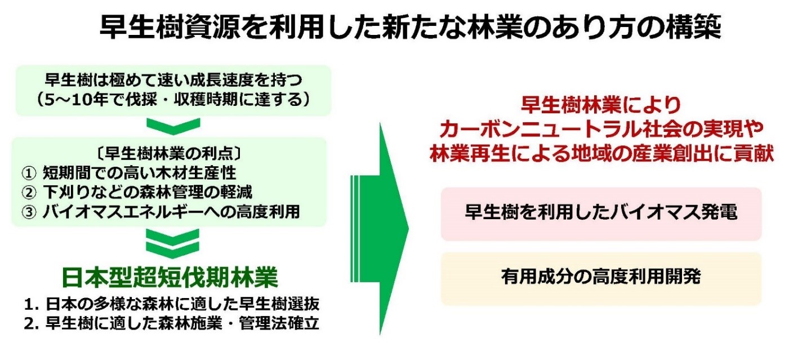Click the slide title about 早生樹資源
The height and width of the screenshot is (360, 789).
(x=411, y=27)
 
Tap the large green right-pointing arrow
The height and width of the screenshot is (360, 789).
(x=380, y=229)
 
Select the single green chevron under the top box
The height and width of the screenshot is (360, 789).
(x=173, y=126)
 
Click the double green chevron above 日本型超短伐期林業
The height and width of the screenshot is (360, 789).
(x=173, y=244)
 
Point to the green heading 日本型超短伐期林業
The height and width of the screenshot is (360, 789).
(x=170, y=278)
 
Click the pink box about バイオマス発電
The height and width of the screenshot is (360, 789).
(x=601, y=214)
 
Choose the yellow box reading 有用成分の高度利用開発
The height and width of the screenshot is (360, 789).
(x=601, y=279)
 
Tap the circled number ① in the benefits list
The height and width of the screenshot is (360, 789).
(x=29, y=173)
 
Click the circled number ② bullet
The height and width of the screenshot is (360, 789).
(x=29, y=192)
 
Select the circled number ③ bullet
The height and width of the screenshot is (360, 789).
(x=29, y=212)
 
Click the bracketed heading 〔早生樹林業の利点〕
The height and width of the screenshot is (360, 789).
(x=169, y=154)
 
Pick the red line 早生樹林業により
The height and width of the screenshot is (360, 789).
(x=601, y=105)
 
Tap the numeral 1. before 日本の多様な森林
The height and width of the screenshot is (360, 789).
(x=32, y=304)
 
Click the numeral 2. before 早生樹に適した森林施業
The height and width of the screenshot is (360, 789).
(x=32, y=324)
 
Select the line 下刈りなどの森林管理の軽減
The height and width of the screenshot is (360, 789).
(x=148, y=192)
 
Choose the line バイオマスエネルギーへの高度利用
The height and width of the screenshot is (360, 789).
(x=171, y=212)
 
